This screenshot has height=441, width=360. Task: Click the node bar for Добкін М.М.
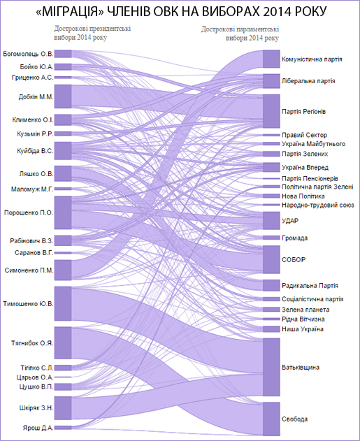(x=63, y=96)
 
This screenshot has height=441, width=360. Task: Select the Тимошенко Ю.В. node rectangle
(x=63, y=304)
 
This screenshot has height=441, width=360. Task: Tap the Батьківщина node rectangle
(x=271, y=367)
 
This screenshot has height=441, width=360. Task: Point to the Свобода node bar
(x=271, y=419)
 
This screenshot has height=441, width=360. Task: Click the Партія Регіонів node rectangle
(x=271, y=111)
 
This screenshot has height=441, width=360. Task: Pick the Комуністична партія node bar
(x=271, y=59)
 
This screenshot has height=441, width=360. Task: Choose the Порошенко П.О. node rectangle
(x=63, y=212)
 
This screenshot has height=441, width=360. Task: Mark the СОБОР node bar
(x=271, y=259)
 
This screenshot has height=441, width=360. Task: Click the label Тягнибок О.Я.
(x=32, y=343)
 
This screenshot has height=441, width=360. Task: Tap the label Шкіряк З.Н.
(x=36, y=408)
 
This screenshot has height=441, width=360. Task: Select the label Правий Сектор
(x=304, y=135)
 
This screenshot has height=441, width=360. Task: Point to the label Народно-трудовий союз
(x=318, y=205)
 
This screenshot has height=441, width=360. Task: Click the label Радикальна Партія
(x=310, y=285)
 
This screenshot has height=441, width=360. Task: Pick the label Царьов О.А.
(x=35, y=377)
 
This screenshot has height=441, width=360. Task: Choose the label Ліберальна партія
(x=308, y=81)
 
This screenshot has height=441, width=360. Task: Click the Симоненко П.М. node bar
(x=63, y=270)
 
